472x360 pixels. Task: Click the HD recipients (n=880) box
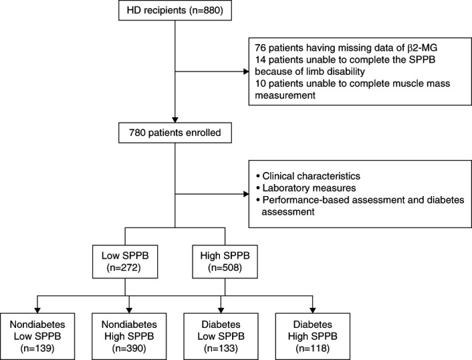[x=175, y=10]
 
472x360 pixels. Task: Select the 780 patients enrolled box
[x=175, y=132]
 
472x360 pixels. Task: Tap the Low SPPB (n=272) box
[x=125, y=262]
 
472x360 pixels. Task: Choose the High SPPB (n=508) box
[x=225, y=262]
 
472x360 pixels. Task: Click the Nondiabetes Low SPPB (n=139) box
[x=37, y=336]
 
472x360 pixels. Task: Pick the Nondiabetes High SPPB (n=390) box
[x=129, y=336]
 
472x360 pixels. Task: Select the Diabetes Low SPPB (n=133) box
[x=221, y=336]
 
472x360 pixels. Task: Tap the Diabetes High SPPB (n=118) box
[x=313, y=336]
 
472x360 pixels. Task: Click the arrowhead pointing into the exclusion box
[x=246, y=72]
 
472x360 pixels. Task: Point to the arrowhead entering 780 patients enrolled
[x=175, y=120]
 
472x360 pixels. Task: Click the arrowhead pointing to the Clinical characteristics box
[x=246, y=194]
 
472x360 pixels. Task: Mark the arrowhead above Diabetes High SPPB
[x=313, y=310]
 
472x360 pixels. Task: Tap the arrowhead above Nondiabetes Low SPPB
[x=37, y=310]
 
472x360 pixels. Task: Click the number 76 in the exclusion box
[x=260, y=48]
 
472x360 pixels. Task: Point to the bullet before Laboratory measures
[x=257, y=187]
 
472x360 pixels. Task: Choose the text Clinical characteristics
[x=312, y=176]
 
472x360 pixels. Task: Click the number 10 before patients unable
[x=260, y=84]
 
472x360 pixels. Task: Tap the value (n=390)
[x=129, y=349]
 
